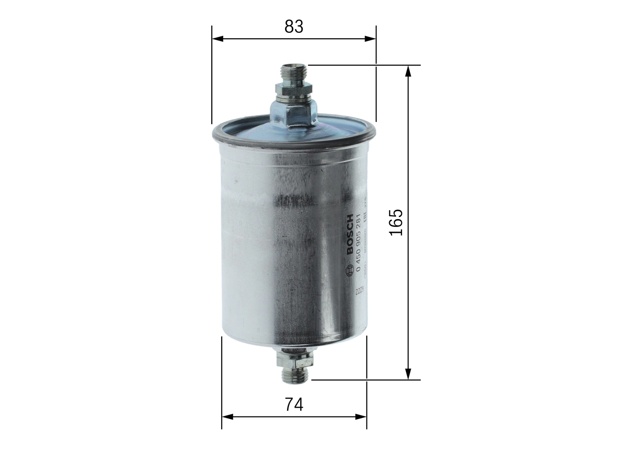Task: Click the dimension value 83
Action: (x=294, y=27)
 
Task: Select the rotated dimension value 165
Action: (x=396, y=222)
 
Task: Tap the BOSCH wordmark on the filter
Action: (x=350, y=235)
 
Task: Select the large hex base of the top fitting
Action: (x=293, y=113)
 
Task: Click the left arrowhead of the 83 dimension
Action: (x=217, y=38)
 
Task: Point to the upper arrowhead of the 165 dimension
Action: (x=408, y=70)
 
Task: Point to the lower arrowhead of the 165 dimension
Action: (x=408, y=374)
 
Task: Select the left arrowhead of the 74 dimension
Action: (x=227, y=417)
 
